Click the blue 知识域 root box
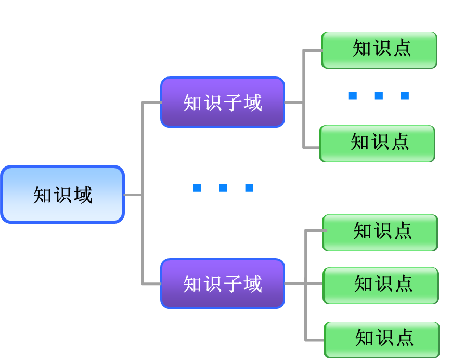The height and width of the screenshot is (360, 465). click(x=62, y=195)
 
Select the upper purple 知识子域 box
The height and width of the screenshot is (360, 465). click(x=223, y=102)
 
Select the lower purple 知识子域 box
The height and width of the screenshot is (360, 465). click(x=223, y=284)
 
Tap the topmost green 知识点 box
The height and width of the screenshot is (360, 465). click(x=379, y=50)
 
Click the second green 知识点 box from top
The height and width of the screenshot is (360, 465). click(x=377, y=144)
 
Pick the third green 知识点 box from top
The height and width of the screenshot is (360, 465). click(x=380, y=233)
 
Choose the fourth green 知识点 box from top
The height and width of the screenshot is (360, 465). click(x=381, y=286)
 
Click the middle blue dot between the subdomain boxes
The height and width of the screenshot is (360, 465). click(x=223, y=188)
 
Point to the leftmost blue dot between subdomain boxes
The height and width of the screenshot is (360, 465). click(x=197, y=188)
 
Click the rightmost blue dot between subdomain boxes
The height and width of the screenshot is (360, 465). click(x=249, y=188)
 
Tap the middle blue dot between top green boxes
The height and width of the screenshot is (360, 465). click(x=379, y=96)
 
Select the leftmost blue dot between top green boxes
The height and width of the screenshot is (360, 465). click(x=353, y=96)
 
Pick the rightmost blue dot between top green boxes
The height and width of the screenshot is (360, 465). click(x=405, y=96)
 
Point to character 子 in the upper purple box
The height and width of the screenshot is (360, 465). click(x=232, y=102)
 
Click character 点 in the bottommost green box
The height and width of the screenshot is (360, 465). click(x=404, y=338)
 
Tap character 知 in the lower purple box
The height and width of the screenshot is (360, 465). click(x=192, y=284)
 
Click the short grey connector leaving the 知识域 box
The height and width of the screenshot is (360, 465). click(x=133, y=195)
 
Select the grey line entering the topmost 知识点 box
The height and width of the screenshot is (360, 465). click(x=313, y=50)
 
